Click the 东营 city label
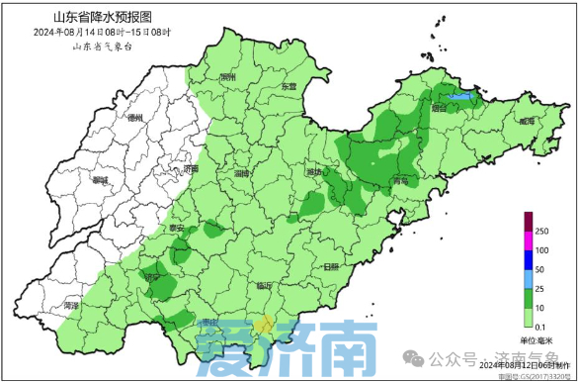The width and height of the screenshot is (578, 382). click(x=288, y=87)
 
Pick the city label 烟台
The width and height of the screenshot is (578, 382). click(x=439, y=111)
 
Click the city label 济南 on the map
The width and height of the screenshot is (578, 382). click(x=191, y=169)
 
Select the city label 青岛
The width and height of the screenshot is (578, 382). click(x=399, y=182)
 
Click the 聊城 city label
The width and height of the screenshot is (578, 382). click(x=100, y=180)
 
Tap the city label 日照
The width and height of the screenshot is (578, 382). click(x=329, y=266)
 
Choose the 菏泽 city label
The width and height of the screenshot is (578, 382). click(x=70, y=306)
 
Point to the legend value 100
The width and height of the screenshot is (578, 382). click(x=541, y=249)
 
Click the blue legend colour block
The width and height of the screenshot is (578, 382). click(x=528, y=260)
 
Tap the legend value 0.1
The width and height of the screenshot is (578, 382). click(x=540, y=327)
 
